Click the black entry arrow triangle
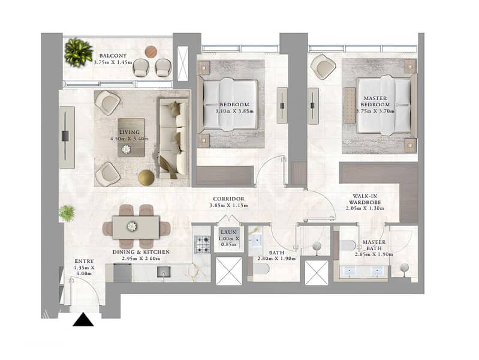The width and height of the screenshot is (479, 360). coord(83,320)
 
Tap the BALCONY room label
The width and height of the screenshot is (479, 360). coord(113,56)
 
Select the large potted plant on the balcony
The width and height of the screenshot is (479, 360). coord(78,52)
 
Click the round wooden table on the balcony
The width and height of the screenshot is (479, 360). coord(151,52)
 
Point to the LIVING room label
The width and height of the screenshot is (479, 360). coord(129,132)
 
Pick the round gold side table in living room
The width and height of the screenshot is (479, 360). coord(146,178)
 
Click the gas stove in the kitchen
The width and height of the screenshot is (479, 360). coord(203,244)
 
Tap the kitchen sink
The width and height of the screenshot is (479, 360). coord(164,272)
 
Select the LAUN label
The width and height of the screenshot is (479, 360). coord(228,232)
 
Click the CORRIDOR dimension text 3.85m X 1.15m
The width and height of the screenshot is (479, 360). coord(229,206)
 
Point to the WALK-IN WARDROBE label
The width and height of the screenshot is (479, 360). coord(365,199)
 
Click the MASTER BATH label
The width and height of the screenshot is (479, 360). coord(374,245)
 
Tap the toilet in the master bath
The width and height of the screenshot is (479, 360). coord(348,245)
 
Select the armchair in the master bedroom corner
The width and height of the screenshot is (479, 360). coord(323,67)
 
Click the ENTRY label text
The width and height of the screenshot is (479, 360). coord(84,261)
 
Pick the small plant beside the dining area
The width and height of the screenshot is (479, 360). coord(67,212)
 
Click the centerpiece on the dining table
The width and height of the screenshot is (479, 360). coord(132,226)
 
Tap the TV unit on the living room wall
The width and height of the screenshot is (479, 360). coord(67,137)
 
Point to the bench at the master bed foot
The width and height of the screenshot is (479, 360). coord(350,105)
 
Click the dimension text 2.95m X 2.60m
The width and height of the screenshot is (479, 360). coord(141,259)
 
